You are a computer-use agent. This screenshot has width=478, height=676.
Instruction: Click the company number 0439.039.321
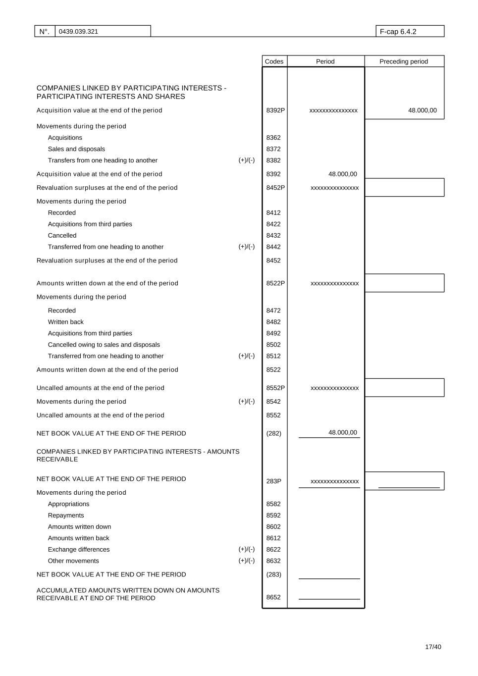tap(78, 32)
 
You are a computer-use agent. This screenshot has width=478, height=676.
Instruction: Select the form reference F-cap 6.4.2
tap(398, 32)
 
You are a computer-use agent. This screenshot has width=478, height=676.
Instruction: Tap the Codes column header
tap(274, 61)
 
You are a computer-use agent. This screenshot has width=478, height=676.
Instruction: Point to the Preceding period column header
tap(403, 61)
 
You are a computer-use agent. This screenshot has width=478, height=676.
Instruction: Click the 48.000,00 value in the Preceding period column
tap(422, 110)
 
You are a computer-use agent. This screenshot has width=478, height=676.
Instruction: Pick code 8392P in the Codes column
tap(275, 110)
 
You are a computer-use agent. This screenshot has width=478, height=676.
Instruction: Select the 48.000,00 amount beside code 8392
tap(342, 174)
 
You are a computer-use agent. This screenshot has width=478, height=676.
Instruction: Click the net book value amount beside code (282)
tap(342, 432)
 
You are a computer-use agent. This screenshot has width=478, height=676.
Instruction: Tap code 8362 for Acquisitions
tap(273, 138)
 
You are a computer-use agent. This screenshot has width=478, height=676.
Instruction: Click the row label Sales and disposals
tap(76, 149)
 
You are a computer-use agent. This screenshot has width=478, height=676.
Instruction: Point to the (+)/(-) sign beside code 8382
tap(247, 160)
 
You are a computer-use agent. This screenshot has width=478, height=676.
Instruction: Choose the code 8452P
tap(275, 188)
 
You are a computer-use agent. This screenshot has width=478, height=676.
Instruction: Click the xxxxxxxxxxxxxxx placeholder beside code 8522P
tap(334, 283)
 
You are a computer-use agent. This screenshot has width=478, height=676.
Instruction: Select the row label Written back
tap(65, 322)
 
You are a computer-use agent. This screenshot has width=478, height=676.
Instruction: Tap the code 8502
tap(273, 345)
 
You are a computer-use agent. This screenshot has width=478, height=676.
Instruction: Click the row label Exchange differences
tap(79, 549)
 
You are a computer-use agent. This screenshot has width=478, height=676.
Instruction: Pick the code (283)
tap(273, 574)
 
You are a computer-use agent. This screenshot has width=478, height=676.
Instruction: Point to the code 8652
tap(273, 597)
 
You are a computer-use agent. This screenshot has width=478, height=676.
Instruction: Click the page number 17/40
tap(433, 647)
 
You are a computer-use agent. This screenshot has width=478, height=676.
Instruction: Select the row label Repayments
tap(66, 516)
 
